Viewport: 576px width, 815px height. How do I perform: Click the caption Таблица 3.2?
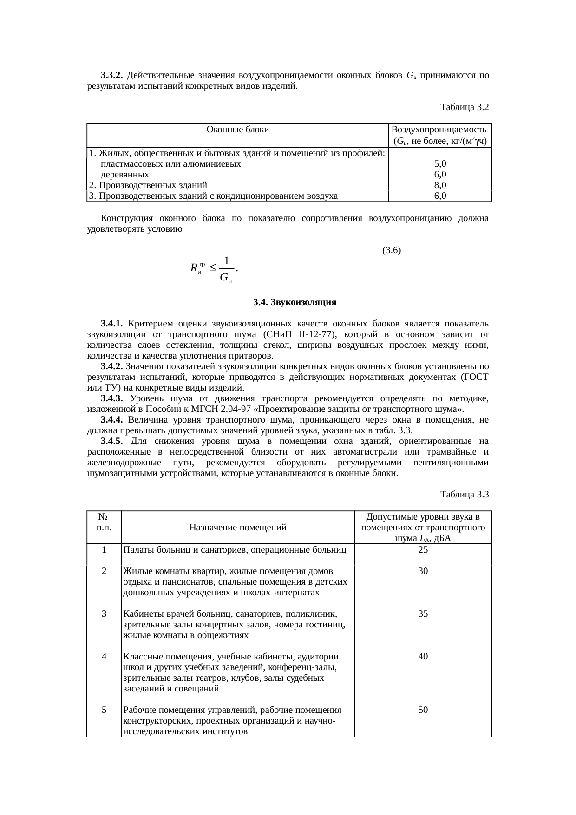[464, 107]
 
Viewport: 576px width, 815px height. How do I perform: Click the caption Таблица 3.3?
[464, 495]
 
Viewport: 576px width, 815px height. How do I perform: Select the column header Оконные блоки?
[237, 130]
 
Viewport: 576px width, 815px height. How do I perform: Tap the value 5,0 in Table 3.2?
[440, 164]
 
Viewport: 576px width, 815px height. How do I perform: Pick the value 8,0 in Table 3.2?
[440, 185]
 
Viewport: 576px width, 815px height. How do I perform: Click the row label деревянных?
[125, 175]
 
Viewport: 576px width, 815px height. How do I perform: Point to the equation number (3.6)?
[391, 250]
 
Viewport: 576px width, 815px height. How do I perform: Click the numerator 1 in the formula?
[226, 261]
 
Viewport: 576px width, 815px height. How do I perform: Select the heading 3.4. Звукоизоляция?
[295, 302]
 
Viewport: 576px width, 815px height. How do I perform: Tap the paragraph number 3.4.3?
[111, 398]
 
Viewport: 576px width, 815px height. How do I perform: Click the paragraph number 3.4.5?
[111, 441]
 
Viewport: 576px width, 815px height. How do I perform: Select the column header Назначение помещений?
[237, 528]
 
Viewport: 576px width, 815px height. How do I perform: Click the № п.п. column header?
[104, 522]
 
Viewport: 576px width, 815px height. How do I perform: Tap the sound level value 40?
[423, 657]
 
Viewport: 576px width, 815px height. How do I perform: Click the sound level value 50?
[423, 710]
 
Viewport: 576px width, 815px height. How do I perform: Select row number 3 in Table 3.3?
[104, 614]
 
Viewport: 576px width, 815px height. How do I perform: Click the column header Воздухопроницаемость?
[439, 130]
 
